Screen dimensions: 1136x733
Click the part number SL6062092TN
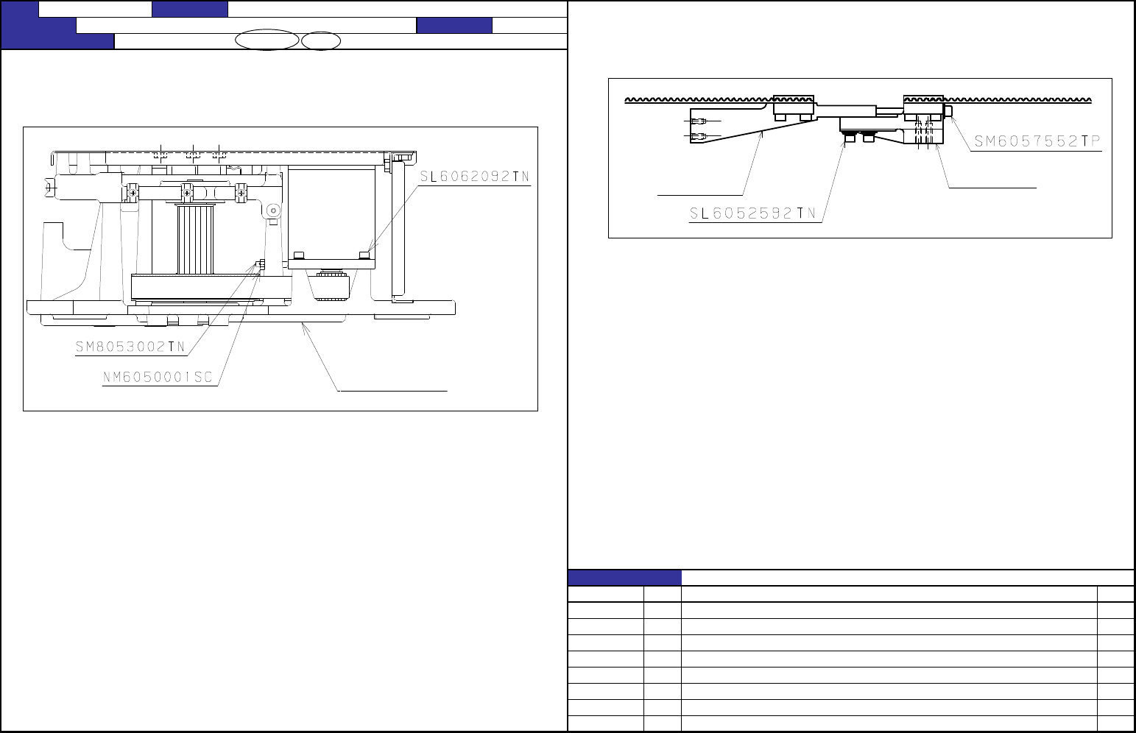pyautogui.click(x=474, y=177)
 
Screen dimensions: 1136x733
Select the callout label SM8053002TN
pyautogui.click(x=130, y=347)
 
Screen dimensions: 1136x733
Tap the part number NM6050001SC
pyautogui.click(x=158, y=377)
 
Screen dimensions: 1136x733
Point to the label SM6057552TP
pyautogui.click(x=1037, y=141)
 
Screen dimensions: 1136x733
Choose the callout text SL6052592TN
pyautogui.click(x=752, y=213)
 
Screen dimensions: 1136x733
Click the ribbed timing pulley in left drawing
pyautogui.click(x=195, y=239)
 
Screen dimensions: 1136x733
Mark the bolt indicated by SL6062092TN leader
pyautogui.click(x=364, y=255)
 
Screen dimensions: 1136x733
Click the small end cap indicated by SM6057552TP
pyautogui.click(x=948, y=111)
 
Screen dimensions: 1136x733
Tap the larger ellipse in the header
pyautogui.click(x=267, y=40)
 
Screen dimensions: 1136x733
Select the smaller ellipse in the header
pyautogui.click(x=321, y=41)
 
